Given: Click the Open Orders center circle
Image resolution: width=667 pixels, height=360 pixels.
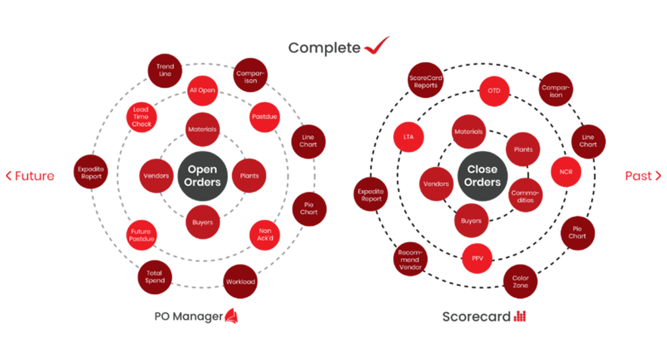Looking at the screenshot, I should coord(203,176).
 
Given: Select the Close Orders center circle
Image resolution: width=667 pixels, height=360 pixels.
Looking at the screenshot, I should coord(482,176).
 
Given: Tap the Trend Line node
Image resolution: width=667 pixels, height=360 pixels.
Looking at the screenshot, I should coord(165,71).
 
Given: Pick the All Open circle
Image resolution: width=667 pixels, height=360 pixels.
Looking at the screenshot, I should coord(202,90).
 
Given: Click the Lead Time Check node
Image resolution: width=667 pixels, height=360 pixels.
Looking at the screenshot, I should coord(141,117).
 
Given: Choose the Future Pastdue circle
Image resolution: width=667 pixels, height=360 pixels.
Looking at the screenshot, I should coord(141,235).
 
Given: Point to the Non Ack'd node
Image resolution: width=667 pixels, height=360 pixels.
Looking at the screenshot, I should coord(265,235).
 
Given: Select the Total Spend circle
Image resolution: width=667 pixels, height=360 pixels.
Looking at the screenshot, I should coord(155,277).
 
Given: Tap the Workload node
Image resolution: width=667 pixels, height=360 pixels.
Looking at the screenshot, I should coord(240,282).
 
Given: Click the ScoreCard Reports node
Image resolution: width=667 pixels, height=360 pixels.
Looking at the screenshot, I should coord(426,81).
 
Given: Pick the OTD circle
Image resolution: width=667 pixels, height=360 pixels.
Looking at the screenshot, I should coord(494,90).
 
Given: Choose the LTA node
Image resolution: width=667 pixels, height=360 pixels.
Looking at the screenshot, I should coord(409,137).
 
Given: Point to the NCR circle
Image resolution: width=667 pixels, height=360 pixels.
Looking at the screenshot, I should coord(566,172).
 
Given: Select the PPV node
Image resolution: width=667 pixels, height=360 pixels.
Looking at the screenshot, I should coord(477,258).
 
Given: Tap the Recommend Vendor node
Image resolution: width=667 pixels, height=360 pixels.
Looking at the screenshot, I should coord(410,260).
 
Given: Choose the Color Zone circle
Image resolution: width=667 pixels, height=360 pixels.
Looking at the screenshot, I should coord(521,282).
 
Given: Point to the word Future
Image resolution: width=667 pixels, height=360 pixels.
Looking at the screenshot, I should coord(34,176).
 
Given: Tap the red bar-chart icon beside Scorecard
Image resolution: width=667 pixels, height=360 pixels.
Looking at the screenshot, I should coord(520,317).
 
